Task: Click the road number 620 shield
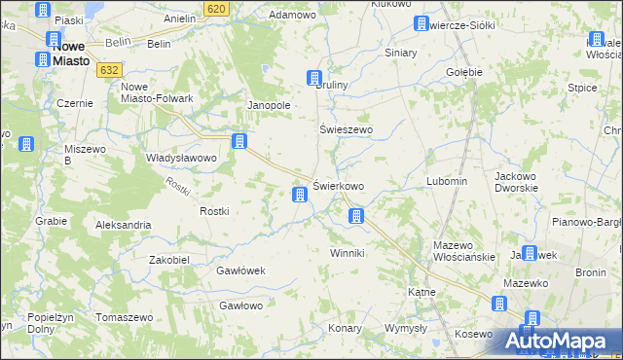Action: pos(217,9)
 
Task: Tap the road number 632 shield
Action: pos(109,70)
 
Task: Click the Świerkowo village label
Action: pos(339,186)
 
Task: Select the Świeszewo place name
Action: pos(347,128)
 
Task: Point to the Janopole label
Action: pos(271,105)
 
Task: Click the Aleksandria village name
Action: pos(123,225)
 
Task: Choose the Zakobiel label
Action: pos(169,260)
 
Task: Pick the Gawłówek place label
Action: pos(240,270)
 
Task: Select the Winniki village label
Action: pos(347,253)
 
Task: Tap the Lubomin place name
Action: pos(448,182)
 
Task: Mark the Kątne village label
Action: pos(421,291)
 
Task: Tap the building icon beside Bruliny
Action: pos(314,78)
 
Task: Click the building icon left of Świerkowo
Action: pos(300,196)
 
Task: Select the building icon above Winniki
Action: pos(357,216)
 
